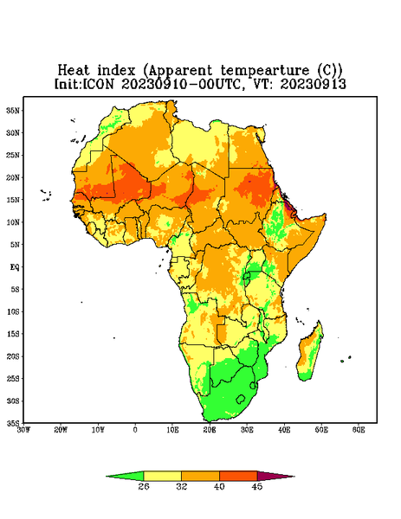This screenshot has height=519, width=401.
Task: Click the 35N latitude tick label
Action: (x=13, y=111)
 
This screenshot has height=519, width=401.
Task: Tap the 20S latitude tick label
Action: (x=13, y=356)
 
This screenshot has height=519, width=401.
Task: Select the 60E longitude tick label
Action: (x=359, y=430)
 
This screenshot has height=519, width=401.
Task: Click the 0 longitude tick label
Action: (x=135, y=430)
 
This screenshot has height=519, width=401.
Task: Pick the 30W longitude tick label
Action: (x=24, y=430)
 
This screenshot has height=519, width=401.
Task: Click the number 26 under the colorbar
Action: (x=144, y=486)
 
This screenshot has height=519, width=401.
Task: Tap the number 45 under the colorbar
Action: (x=257, y=486)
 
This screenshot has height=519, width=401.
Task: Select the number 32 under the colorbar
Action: (x=182, y=486)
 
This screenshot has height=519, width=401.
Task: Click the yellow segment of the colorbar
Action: (x=162, y=476)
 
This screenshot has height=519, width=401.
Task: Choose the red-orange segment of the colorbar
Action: (x=238, y=476)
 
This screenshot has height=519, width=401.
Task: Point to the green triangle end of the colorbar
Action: (x=126, y=476)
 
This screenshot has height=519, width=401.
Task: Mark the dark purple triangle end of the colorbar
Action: (x=275, y=476)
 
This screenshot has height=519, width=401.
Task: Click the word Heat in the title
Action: (x=74, y=71)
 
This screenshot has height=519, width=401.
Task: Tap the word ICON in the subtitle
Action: (x=98, y=84)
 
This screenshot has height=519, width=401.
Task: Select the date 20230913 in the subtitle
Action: (x=314, y=84)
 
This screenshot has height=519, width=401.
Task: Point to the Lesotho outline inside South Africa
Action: (x=241, y=400)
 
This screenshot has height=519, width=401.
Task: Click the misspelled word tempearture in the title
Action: (x=265, y=71)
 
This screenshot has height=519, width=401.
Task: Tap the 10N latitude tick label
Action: (x=13, y=222)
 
